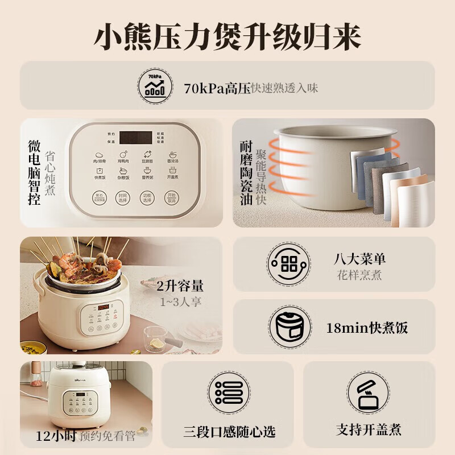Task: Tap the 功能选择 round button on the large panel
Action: point(147,198)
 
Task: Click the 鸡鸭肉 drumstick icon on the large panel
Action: point(123,154)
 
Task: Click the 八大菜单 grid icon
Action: point(288,264)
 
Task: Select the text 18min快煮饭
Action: point(367,328)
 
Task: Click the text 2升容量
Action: point(180,286)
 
